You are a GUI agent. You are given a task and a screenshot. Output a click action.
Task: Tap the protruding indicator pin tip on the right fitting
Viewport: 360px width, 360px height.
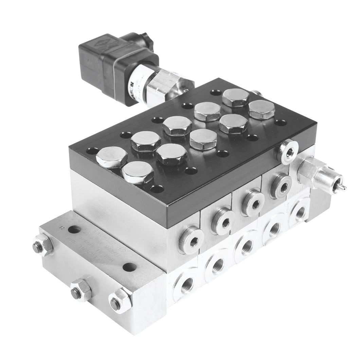[344, 187]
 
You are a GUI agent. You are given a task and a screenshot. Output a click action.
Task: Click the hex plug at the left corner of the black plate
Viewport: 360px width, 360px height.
[111, 157]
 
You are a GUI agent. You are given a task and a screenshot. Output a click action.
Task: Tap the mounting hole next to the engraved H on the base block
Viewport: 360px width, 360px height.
[74, 230]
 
